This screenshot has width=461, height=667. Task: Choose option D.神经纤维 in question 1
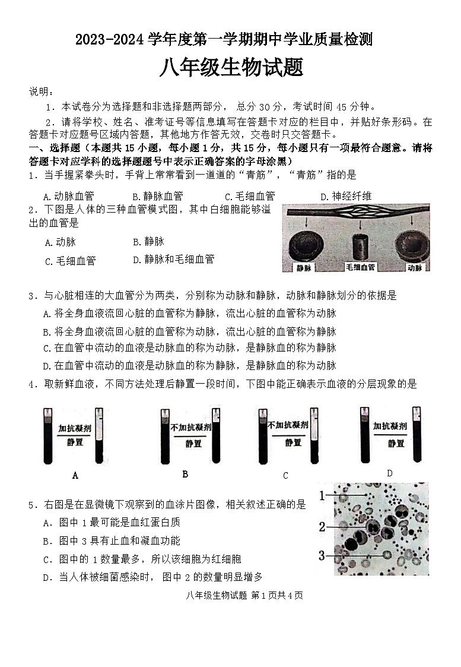click(x=346, y=196)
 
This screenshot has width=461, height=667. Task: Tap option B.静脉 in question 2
click(x=148, y=242)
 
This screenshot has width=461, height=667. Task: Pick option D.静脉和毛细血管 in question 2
click(x=173, y=260)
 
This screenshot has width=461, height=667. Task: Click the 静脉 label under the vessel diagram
click(x=306, y=267)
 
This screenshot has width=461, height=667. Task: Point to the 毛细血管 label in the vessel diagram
click(x=360, y=267)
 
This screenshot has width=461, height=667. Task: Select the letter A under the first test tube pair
click(x=75, y=475)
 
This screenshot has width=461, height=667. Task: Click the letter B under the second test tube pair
click(x=185, y=473)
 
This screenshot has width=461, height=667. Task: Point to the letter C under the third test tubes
click(x=285, y=475)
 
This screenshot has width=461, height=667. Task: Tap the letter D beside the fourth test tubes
click(x=389, y=473)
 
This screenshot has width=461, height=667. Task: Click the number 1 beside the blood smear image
click(x=322, y=495)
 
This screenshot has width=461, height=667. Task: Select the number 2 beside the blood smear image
click(x=322, y=526)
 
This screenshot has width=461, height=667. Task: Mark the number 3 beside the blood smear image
click(x=322, y=555)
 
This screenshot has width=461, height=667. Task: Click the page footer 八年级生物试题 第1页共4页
click(x=236, y=595)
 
